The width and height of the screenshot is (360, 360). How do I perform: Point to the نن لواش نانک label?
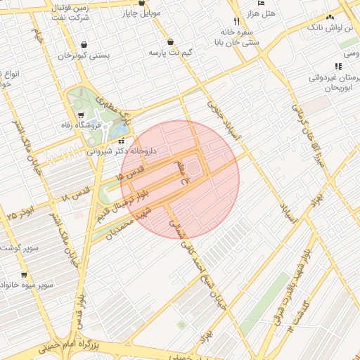(330, 27)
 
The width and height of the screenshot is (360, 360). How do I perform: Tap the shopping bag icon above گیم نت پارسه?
(171, 41)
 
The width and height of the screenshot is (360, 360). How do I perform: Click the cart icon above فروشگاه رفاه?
(82, 116)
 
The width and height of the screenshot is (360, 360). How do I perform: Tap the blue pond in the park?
(120, 131)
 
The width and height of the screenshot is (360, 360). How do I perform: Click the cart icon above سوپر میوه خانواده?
(24, 275)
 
